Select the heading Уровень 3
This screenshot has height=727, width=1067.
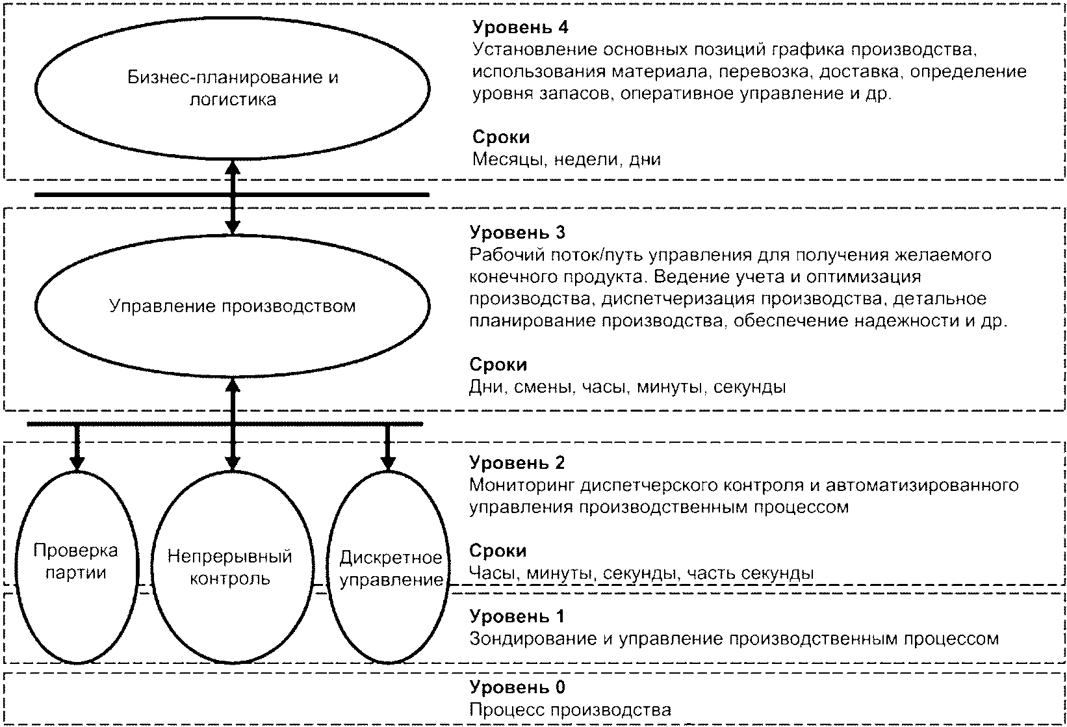517,232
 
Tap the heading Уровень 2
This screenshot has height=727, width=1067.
517,462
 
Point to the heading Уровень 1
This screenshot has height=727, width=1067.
517,616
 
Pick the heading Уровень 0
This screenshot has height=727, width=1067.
517,687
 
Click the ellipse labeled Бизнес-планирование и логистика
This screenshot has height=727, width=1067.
233,88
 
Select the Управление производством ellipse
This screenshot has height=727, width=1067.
233,306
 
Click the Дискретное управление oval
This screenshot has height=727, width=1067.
390,568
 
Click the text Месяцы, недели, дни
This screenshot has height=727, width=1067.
566,159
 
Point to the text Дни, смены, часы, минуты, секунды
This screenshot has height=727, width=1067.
627,388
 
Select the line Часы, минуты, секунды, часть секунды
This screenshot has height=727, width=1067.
641,574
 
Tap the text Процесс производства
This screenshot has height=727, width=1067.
570,710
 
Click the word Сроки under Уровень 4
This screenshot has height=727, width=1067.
501,137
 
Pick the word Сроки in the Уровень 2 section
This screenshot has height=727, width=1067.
498,551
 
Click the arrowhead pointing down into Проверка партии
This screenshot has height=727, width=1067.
77,463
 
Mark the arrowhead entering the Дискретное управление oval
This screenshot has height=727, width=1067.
388,463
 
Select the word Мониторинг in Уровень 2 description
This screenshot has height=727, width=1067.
521,485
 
